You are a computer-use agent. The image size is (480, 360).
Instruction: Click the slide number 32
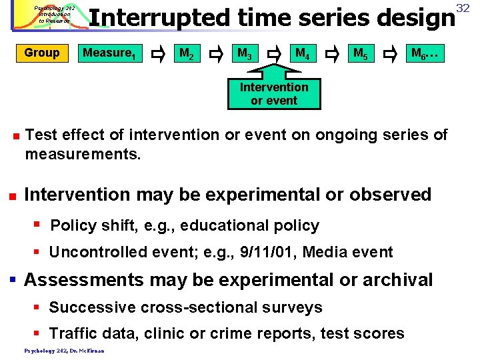click(472, 7)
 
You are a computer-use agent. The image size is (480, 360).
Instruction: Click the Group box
click(41, 53)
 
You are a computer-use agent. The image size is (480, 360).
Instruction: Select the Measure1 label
click(109, 53)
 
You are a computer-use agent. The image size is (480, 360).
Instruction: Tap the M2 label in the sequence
click(186, 53)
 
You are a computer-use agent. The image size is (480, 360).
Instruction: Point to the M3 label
click(245, 53)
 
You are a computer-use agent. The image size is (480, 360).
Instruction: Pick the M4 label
click(303, 53)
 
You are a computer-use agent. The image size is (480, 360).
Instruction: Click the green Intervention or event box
click(274, 94)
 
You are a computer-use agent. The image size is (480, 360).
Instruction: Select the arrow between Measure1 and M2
click(159, 53)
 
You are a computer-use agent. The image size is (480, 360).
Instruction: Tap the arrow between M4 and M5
click(334, 53)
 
